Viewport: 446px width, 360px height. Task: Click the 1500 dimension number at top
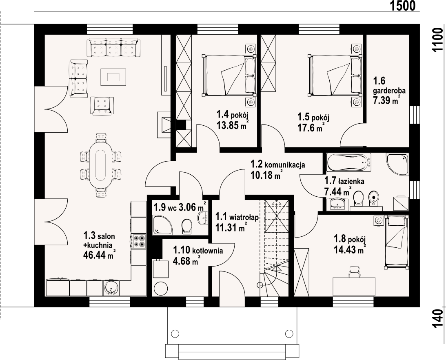click(402, 6)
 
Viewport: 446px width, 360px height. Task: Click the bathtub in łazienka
click(349, 162)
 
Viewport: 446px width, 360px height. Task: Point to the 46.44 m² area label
click(99, 255)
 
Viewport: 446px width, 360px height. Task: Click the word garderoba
click(389, 91)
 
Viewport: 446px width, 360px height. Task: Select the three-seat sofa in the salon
click(113, 47)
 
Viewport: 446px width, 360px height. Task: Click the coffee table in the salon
click(113, 77)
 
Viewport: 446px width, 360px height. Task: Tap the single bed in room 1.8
click(397, 242)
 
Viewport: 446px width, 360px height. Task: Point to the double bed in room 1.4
click(229, 75)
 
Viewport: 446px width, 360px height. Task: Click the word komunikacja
click(285, 164)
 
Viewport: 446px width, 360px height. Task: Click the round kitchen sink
click(111, 288)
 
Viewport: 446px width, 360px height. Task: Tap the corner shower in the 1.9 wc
click(162, 225)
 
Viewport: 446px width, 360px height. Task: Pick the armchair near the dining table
click(102, 106)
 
